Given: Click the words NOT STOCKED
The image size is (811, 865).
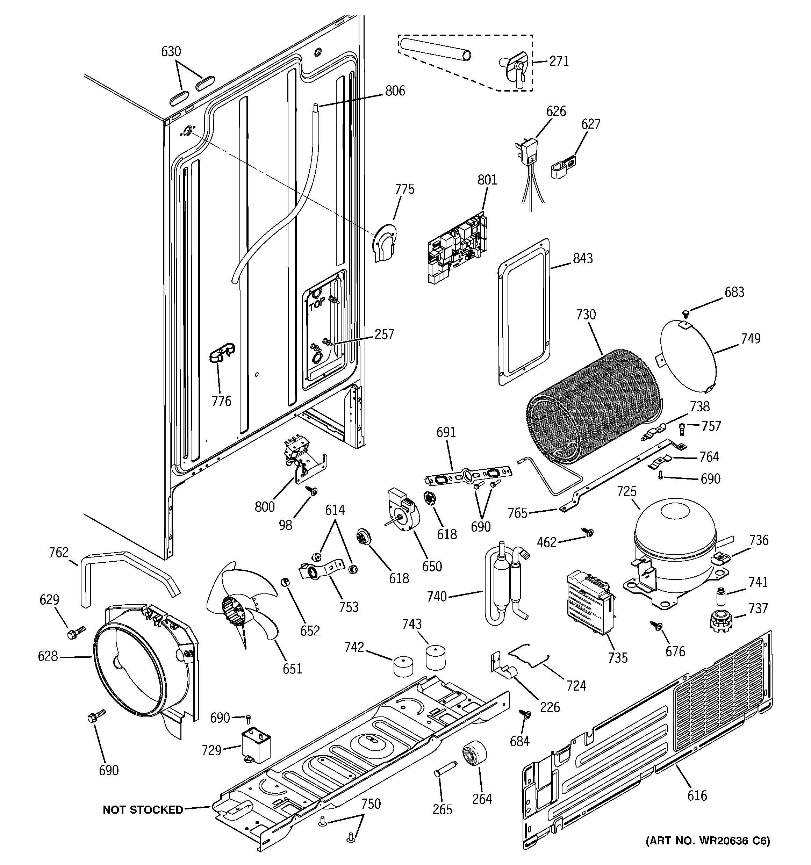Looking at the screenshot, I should pos(143,810).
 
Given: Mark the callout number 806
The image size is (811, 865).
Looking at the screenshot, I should pos(395,91).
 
